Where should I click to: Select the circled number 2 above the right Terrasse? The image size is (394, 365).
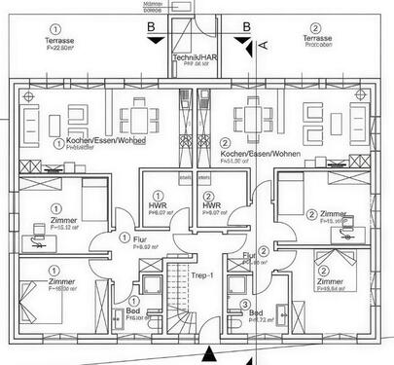[314, 29]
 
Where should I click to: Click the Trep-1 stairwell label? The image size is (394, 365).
[203, 274]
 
